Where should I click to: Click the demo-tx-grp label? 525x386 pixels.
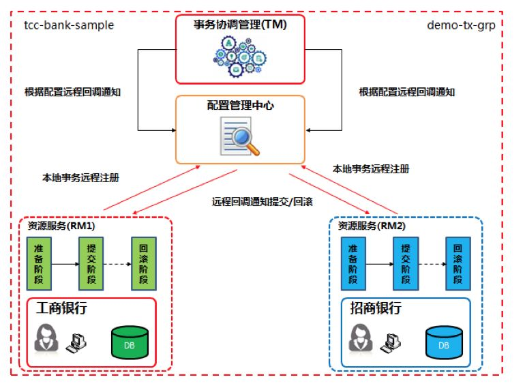[x=460, y=25]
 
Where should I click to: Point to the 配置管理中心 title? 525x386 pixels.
[x=240, y=106]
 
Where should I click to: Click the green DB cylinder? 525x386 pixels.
[x=130, y=343]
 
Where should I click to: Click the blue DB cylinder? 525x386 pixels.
[x=444, y=343]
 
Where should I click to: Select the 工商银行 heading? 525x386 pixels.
[x=62, y=308]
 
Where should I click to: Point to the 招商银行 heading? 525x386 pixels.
[x=376, y=308]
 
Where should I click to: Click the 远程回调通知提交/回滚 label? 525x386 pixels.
[x=262, y=202]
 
